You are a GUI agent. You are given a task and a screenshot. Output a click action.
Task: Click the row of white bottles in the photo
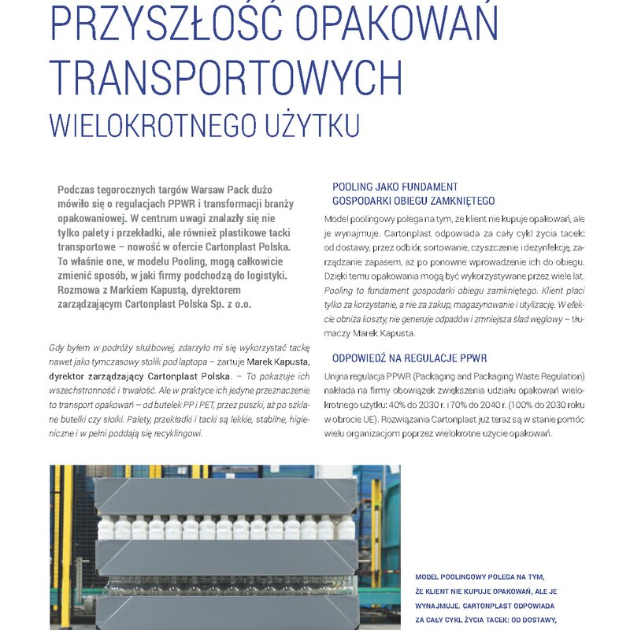224,528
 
